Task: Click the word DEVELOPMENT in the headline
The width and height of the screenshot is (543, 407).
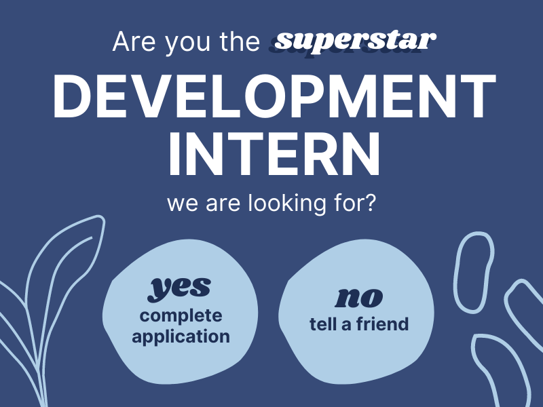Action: point(274,96)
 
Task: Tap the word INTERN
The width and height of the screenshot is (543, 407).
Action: point(274,153)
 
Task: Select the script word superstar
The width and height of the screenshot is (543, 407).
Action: point(355,42)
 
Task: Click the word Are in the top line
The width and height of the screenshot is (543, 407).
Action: point(134,42)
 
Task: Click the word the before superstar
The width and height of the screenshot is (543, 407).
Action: point(240,41)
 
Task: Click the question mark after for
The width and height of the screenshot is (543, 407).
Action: point(371,202)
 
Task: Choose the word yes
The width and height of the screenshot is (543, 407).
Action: point(179,288)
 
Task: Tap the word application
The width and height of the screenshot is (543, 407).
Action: point(181,336)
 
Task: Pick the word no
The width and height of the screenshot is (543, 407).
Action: point(358,297)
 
